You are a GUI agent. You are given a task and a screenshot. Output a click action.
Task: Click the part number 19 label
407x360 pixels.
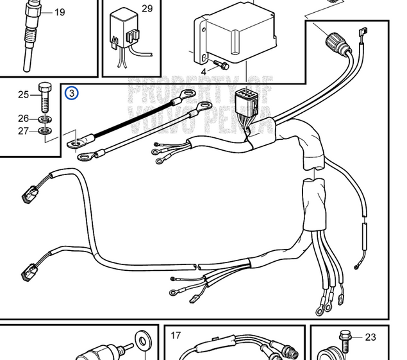[60, 12]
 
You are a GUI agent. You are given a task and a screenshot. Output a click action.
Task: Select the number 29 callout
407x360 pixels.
[147, 8]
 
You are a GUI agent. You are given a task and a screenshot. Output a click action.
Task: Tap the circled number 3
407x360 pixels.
[72, 94]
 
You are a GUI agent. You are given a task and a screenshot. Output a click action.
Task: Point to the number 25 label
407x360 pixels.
[24, 95]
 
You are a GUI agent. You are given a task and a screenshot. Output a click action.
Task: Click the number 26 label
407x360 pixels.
[24, 118]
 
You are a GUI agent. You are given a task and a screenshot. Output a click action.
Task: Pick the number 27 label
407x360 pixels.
[24, 131]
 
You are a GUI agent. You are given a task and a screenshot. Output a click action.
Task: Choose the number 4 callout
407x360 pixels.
[204, 71]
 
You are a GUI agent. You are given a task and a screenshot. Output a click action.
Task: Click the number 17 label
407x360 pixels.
[176, 335]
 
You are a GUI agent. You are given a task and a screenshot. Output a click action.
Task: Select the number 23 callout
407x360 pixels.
[370, 336]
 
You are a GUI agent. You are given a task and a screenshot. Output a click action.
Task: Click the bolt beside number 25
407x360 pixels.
[44, 96]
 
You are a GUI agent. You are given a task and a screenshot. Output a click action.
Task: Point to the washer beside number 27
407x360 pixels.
[45, 131]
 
